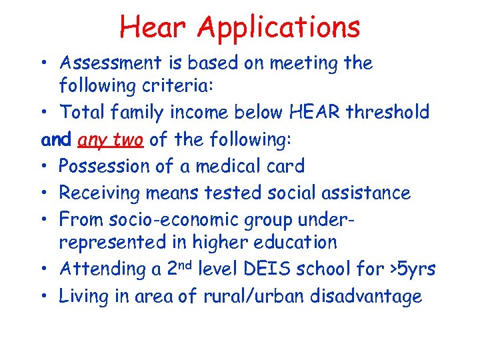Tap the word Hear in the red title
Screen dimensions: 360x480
tap(154, 27)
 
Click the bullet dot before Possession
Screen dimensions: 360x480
tap(48, 166)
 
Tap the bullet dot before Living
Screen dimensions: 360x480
tap(48, 296)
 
